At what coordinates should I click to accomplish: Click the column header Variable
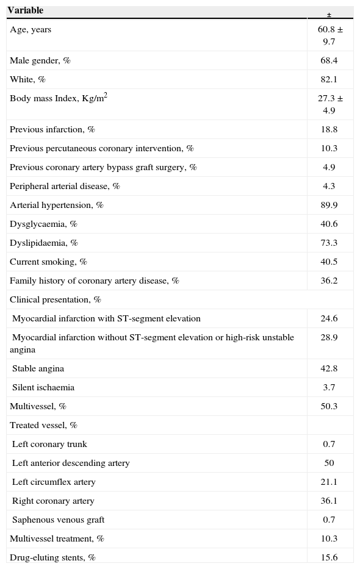click(25, 10)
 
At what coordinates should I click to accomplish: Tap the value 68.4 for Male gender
click(329, 61)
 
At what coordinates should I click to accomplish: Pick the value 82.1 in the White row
click(329, 80)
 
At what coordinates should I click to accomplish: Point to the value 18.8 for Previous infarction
click(329, 130)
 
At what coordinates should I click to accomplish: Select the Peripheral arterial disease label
click(65, 187)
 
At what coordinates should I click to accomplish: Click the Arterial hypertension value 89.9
click(329, 206)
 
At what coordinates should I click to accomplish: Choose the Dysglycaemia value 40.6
click(329, 224)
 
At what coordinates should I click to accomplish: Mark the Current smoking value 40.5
click(329, 262)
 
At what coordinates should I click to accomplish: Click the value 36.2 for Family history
click(329, 281)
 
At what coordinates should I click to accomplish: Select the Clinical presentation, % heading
click(56, 300)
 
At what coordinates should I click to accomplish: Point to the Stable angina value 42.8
click(329, 369)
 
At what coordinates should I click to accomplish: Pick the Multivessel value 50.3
click(329, 407)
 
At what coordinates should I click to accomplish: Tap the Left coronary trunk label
click(49, 445)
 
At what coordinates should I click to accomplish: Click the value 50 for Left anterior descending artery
click(329, 463)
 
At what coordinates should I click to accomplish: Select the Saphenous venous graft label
click(58, 520)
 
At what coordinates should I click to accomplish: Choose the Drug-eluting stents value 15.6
click(329, 558)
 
